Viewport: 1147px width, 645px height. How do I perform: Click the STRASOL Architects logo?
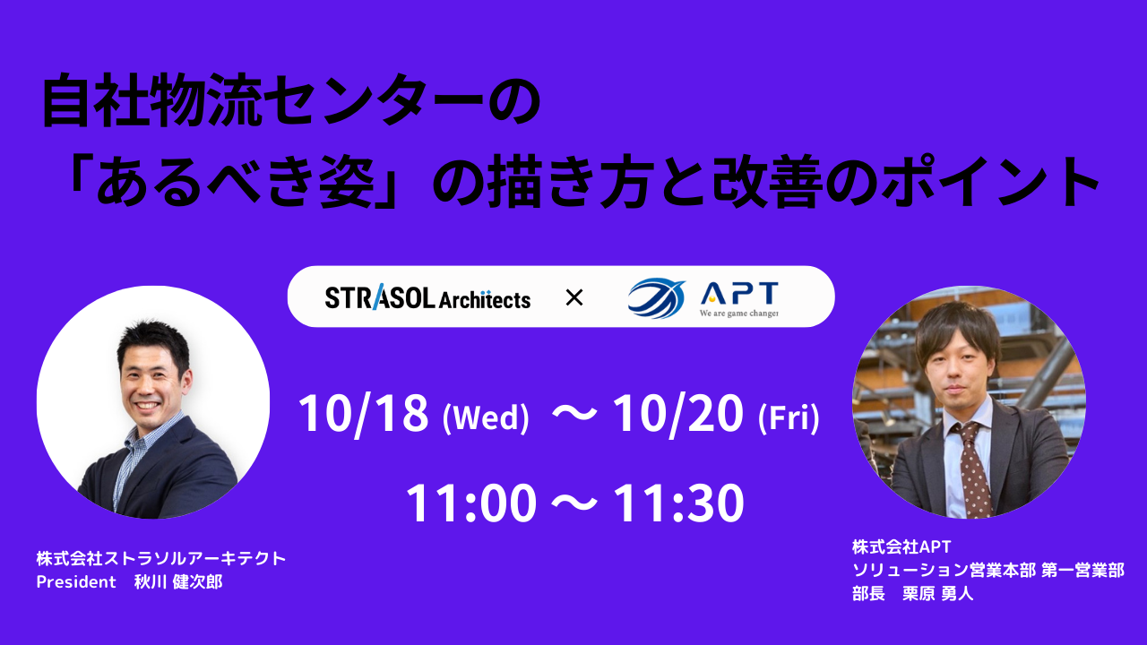click(x=427, y=297)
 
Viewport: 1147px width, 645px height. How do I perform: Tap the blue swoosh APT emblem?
click(x=657, y=298)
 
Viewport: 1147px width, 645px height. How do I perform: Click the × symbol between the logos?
click(x=574, y=297)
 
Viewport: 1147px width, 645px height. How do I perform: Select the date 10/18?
click(x=363, y=414)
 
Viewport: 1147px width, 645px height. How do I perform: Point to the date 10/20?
click(x=677, y=414)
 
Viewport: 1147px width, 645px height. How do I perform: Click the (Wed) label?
click(x=486, y=418)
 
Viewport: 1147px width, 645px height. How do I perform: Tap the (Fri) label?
click(x=789, y=418)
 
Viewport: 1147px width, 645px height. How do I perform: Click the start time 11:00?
click(x=471, y=503)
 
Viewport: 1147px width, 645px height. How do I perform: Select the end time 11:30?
click(x=678, y=503)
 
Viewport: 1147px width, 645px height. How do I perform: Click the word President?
click(x=76, y=582)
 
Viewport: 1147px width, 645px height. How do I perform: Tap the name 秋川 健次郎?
click(x=178, y=582)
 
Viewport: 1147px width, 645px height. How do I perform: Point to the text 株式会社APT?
click(x=901, y=547)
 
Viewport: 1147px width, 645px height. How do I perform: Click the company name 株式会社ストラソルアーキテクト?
click(x=161, y=558)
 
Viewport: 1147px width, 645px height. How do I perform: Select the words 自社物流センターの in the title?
click(x=291, y=99)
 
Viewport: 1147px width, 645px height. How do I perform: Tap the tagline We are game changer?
click(x=739, y=313)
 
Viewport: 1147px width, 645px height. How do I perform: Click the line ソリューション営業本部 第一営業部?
click(x=988, y=571)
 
